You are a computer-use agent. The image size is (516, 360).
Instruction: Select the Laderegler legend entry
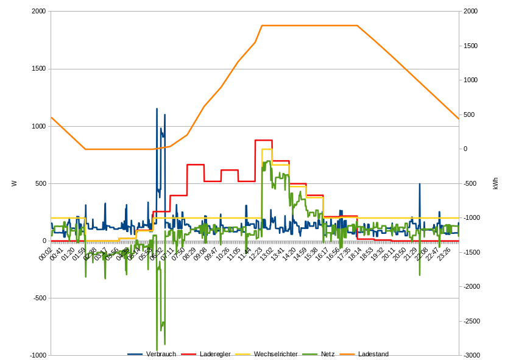(x=214, y=354)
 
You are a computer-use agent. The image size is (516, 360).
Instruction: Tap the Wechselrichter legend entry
(x=275, y=354)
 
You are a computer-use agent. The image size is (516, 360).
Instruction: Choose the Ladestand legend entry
(x=373, y=354)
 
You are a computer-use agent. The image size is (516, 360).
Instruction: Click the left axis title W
(x=13, y=183)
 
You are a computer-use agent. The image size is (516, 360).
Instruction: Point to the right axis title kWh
(x=495, y=183)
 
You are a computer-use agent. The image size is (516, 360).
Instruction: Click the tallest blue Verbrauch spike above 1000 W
(x=157, y=110)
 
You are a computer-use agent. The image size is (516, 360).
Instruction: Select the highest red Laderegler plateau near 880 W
(x=263, y=140)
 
